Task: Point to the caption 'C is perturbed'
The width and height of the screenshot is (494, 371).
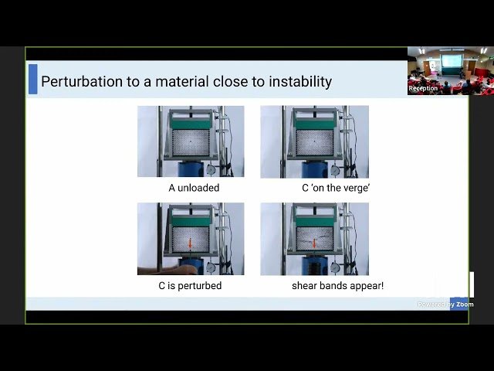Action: click(190, 286)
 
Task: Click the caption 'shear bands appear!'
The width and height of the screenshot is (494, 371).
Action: click(337, 286)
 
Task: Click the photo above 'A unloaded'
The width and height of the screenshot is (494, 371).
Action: click(191, 141)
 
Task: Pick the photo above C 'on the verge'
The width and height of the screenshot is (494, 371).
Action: click(314, 141)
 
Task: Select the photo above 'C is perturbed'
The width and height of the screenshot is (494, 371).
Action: click(191, 239)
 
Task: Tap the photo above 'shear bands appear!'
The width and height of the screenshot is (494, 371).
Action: click(314, 239)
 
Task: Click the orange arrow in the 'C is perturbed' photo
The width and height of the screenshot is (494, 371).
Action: click(189, 244)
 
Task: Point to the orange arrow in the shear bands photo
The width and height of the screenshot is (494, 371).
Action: click(314, 244)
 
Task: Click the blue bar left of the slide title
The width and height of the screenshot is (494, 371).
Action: click(32, 80)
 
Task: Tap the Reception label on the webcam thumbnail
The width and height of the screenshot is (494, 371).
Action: click(423, 89)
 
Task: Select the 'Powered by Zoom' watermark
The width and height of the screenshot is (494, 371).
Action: click(445, 305)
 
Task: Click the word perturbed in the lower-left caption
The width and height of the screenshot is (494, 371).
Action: click(201, 286)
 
